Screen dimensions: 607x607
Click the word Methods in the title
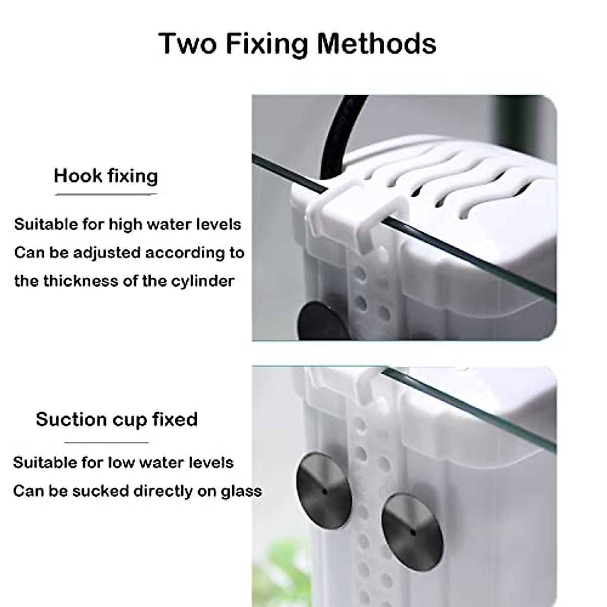point(376,44)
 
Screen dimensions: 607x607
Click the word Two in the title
point(188,44)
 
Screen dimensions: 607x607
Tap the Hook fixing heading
point(106,176)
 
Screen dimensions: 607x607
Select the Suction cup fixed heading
point(116,419)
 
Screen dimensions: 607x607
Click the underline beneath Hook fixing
point(106,194)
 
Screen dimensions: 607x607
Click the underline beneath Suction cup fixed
point(106,443)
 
